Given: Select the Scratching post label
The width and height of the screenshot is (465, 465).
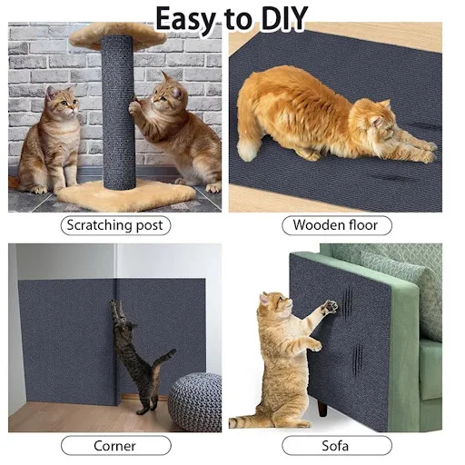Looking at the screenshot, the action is point(115,225).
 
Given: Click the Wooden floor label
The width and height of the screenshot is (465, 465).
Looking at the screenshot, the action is point(337,225).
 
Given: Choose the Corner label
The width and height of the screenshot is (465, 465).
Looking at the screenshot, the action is point(115,446).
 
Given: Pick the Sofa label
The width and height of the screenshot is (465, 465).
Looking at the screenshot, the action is point(337,446).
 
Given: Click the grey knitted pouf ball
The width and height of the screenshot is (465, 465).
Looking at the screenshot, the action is point(194,401).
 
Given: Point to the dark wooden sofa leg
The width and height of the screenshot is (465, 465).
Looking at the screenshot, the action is point(322,408).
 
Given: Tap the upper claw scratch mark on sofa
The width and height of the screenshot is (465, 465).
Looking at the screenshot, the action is point(347,301).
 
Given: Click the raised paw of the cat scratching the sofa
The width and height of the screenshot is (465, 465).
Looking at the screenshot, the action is point(330,307).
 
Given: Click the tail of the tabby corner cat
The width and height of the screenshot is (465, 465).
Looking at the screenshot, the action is point(165,359).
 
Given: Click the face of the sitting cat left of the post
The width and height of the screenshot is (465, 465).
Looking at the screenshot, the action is point(64,103).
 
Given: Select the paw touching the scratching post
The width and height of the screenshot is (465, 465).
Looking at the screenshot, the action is point(134,107).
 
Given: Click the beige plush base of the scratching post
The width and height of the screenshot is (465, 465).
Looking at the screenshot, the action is point(127,194).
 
